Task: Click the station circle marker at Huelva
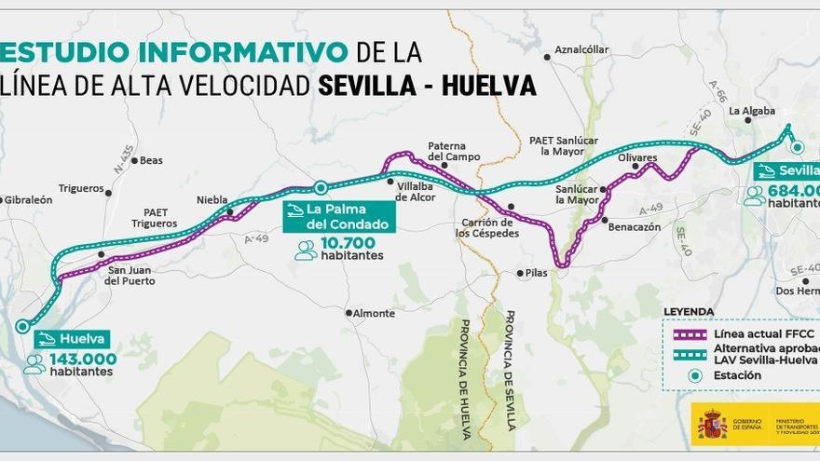pos(21,326)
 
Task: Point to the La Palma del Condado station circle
pos(320,186)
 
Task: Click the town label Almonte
pos(374,314)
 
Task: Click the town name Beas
pos(151,160)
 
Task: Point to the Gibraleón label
pos(28,200)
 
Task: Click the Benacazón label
pos(637,226)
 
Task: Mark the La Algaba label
pos(751,111)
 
